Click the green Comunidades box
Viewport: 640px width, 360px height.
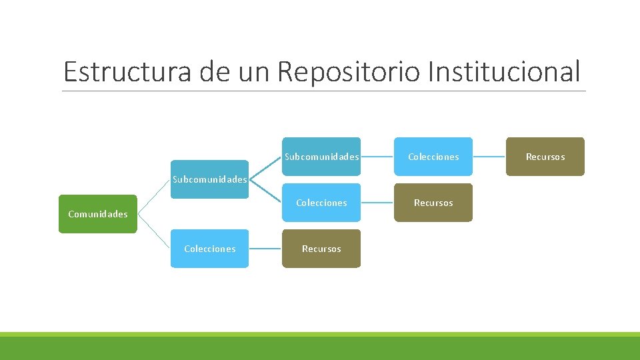pyautogui.click(x=97, y=214)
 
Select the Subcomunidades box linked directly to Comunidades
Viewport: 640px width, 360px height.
pyautogui.click(x=209, y=179)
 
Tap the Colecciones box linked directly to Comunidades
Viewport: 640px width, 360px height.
pyautogui.click(x=209, y=249)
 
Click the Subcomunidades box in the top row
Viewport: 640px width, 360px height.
pyautogui.click(x=321, y=157)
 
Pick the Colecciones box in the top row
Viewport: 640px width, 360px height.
pyautogui.click(x=433, y=157)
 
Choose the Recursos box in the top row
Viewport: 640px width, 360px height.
pyautogui.click(x=545, y=157)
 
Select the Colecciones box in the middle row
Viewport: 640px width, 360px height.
pyautogui.click(x=321, y=203)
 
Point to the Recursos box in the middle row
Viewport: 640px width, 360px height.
pyautogui.click(x=433, y=203)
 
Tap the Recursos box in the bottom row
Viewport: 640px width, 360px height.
pyautogui.click(x=321, y=249)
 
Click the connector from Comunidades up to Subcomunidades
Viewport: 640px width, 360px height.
pyautogui.click(x=154, y=196)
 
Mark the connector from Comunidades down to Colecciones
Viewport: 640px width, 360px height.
pyautogui.click(x=154, y=231)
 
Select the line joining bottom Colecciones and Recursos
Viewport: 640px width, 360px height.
pyautogui.click(x=265, y=249)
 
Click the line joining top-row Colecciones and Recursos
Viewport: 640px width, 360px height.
pyautogui.click(x=489, y=157)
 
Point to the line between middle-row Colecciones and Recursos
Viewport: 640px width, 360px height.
pyautogui.click(x=377, y=203)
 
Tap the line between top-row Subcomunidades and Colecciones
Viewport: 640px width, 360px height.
pyautogui.click(x=377, y=157)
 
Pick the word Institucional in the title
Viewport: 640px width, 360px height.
pyautogui.click(x=504, y=72)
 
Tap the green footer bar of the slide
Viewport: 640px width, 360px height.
pyautogui.click(x=320, y=347)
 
